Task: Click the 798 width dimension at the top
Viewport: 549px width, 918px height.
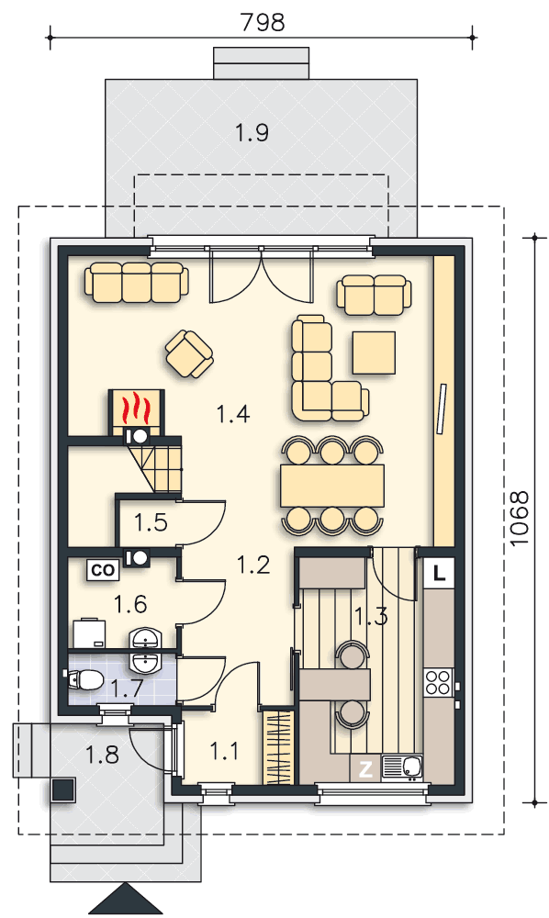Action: click(263, 22)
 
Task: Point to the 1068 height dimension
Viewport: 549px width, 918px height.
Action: click(519, 519)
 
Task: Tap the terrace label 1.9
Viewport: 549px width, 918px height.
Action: click(252, 133)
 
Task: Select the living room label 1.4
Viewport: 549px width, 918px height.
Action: click(233, 414)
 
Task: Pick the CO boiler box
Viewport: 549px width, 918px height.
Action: click(104, 570)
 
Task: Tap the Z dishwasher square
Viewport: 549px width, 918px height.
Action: click(365, 769)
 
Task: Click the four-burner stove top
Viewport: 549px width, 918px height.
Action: click(439, 682)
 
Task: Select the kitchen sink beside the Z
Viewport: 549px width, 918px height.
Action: click(402, 767)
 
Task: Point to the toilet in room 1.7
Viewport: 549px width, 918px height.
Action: click(84, 679)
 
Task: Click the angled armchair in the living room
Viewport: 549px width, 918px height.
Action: click(189, 354)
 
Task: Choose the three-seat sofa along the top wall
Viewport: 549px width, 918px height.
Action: click(137, 282)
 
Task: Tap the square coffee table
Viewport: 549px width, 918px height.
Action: click(374, 353)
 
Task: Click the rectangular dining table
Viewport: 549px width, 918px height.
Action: click(332, 486)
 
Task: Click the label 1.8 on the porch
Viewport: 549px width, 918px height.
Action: click(103, 755)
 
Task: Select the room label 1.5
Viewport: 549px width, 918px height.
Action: click(151, 522)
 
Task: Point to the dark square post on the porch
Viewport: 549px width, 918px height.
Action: click(63, 789)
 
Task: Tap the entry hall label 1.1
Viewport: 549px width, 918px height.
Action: click(224, 751)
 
